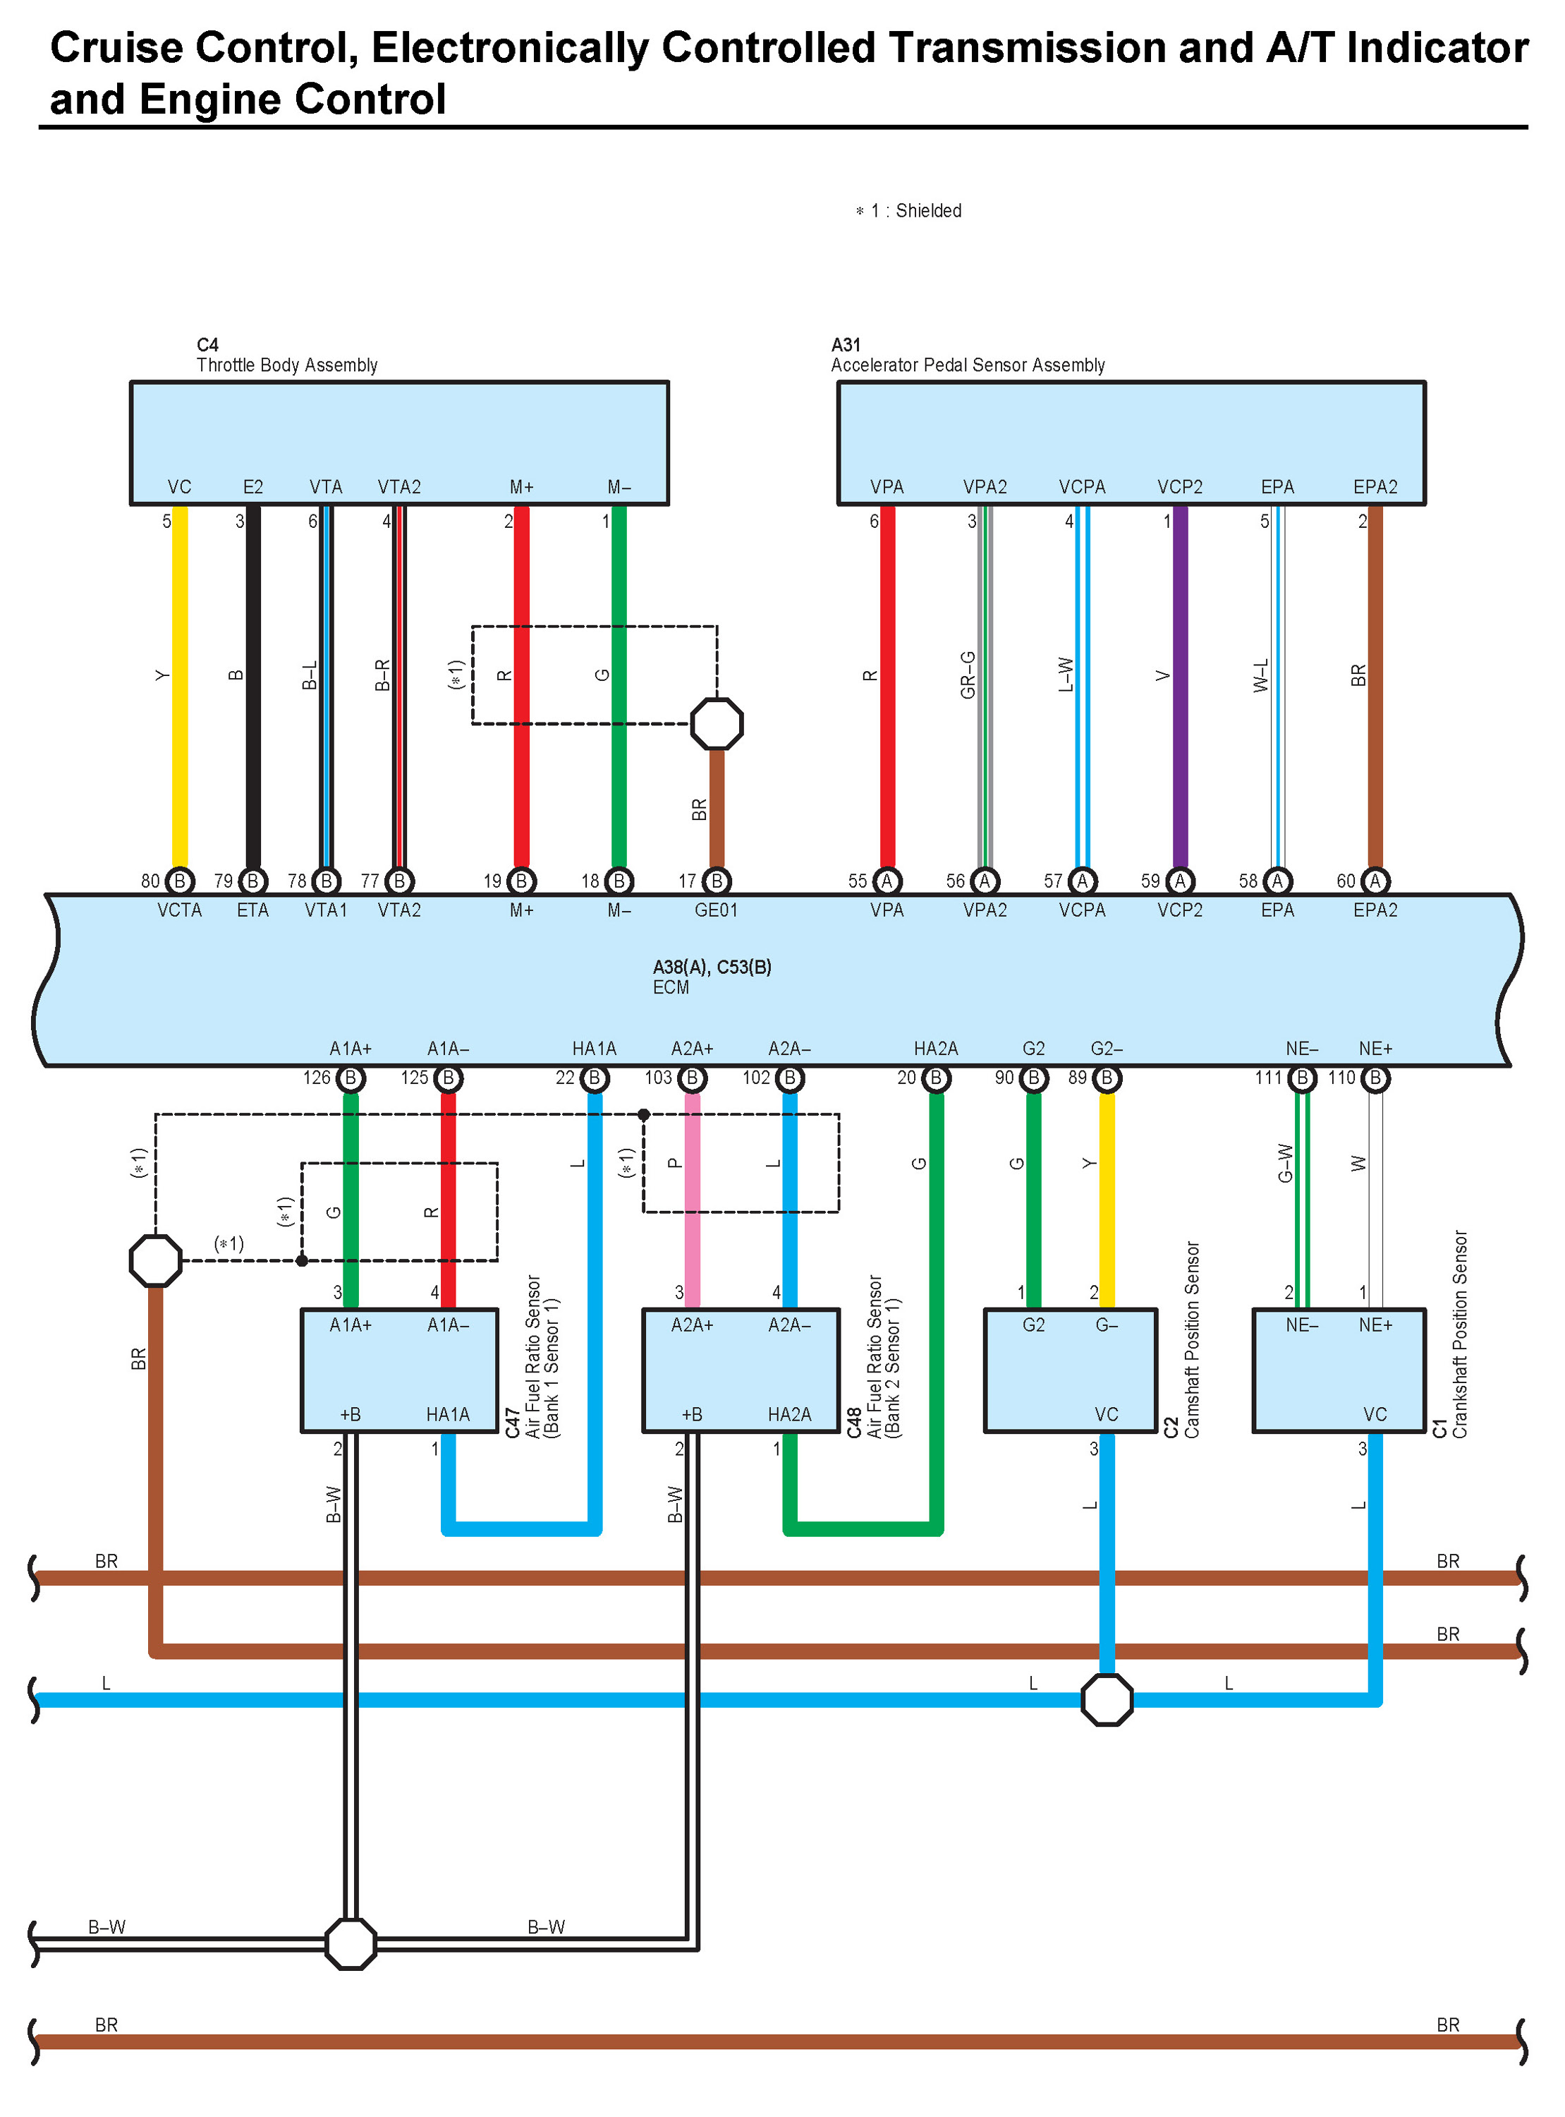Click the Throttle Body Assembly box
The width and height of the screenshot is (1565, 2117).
click(x=398, y=442)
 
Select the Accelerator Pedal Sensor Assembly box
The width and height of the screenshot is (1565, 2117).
click(x=1131, y=442)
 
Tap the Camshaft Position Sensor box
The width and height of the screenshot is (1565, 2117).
click(x=1071, y=1370)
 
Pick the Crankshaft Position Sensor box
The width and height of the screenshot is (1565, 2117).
click(x=1339, y=1370)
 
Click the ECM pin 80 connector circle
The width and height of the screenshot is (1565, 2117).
click(x=179, y=881)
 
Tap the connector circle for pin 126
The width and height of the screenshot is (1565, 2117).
click(x=351, y=1078)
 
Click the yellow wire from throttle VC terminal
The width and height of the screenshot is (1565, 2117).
click(x=179, y=686)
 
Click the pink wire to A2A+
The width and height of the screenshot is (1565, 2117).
click(x=693, y=1200)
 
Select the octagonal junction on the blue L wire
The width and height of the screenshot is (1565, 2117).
click(x=1107, y=1699)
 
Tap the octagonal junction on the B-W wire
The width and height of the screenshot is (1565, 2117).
click(x=351, y=1943)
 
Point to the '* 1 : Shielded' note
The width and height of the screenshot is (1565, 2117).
click(x=908, y=210)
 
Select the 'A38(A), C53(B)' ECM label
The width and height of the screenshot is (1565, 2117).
click(x=712, y=967)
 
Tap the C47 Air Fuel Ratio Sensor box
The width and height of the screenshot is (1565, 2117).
click(x=398, y=1370)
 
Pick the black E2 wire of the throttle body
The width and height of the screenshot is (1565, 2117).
click(x=253, y=686)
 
